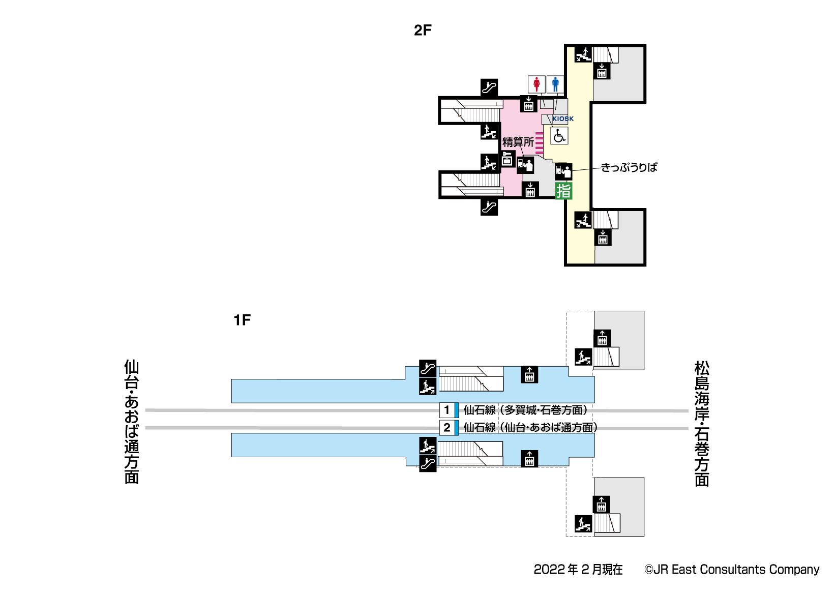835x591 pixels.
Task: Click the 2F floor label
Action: pos(423,31)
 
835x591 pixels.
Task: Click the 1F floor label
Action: pos(242,320)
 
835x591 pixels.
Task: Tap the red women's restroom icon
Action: pos(536,84)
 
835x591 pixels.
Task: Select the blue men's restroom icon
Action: pos(555,84)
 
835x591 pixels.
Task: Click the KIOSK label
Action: pos(563,119)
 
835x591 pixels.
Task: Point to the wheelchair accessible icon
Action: pos(559,136)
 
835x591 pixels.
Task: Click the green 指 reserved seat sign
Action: pos(563,191)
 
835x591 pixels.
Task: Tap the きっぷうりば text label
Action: pos(629,167)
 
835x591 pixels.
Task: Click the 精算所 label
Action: pos(518,142)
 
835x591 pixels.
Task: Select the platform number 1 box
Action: pos(447,410)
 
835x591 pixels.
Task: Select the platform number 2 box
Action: pos(447,428)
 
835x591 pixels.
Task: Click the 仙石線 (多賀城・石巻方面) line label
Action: pos(526,410)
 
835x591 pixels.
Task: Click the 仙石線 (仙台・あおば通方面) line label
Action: pos(530,428)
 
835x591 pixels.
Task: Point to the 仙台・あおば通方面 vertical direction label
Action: pos(132,422)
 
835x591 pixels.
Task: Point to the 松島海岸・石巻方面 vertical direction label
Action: pos(702,423)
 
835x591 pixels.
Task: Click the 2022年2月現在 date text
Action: pos(578,570)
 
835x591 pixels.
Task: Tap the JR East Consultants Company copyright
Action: pos(732,570)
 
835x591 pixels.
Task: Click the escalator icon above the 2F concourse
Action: pos(489,87)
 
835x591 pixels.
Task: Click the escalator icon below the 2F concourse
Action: pos(489,207)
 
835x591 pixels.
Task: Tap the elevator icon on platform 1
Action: pos(529,375)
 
